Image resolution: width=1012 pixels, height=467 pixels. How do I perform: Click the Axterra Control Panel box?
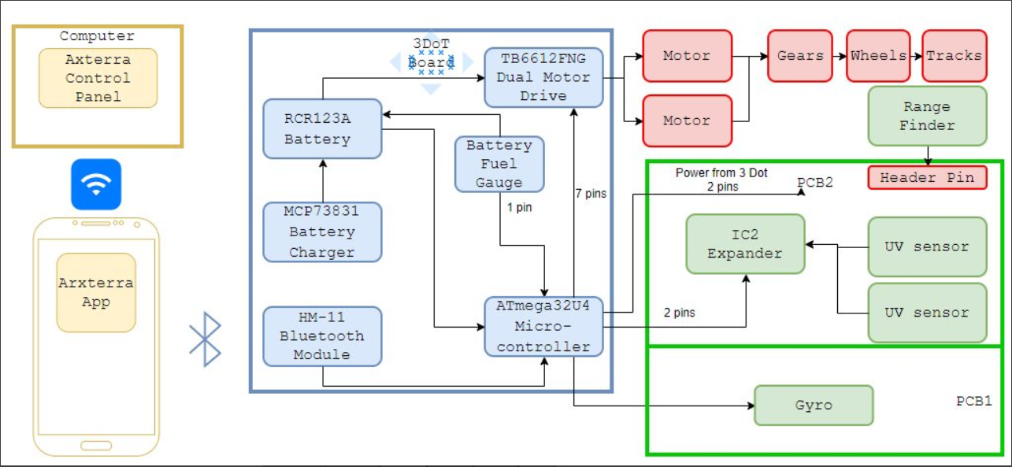(x=98, y=78)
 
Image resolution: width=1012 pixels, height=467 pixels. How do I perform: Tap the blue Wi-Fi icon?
(x=96, y=184)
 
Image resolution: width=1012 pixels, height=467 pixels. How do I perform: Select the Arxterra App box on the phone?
(x=96, y=293)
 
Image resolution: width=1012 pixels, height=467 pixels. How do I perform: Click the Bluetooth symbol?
(x=206, y=339)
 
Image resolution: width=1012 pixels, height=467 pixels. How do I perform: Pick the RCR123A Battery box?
(x=323, y=129)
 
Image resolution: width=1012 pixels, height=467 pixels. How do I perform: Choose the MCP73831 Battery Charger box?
(x=323, y=232)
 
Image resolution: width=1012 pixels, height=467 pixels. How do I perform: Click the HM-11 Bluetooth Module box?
(x=323, y=336)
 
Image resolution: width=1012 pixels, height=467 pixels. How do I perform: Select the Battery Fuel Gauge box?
(x=499, y=165)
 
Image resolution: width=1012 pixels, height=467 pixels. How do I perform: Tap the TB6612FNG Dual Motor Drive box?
(x=543, y=78)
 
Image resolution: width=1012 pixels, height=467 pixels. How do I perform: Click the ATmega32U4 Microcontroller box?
(x=543, y=327)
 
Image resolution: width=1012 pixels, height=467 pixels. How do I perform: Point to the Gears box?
(x=800, y=56)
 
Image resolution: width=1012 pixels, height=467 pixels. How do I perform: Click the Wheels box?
(x=878, y=56)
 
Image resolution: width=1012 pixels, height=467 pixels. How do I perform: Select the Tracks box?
(x=955, y=56)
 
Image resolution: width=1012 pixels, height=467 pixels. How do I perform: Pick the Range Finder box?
(x=928, y=116)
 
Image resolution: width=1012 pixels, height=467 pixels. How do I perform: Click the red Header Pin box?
(x=928, y=177)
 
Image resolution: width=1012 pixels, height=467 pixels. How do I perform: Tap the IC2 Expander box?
(x=746, y=244)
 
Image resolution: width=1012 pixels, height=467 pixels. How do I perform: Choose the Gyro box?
(x=814, y=405)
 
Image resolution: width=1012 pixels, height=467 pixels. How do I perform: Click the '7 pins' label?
(x=591, y=193)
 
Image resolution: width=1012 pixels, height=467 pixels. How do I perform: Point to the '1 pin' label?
(x=519, y=207)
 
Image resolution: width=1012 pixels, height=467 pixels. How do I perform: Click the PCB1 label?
(x=974, y=401)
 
